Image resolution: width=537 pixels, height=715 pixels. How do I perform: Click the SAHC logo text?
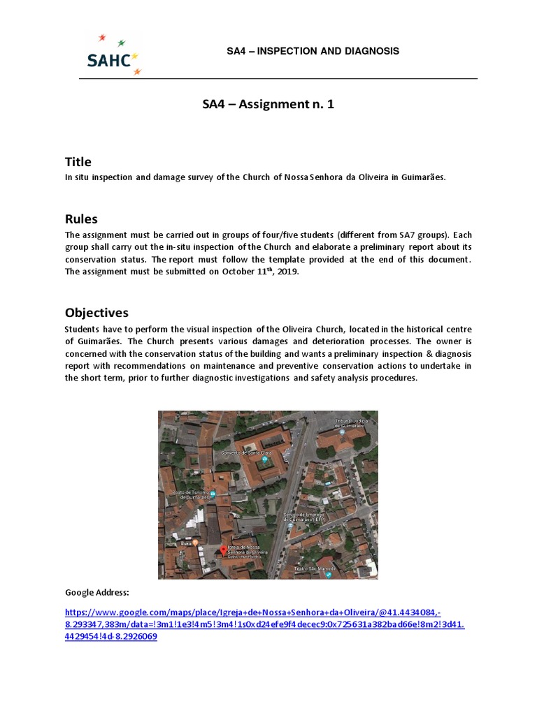point(108,60)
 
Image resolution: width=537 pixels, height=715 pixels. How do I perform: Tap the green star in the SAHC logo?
point(122,43)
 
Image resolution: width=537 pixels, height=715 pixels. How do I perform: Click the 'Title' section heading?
point(78,162)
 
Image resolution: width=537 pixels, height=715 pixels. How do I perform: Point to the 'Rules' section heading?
point(81,219)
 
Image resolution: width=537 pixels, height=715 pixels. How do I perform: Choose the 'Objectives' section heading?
point(96,312)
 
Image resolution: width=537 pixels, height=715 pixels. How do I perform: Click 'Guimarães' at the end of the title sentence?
point(422,177)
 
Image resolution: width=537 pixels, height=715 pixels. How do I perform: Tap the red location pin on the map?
point(224,551)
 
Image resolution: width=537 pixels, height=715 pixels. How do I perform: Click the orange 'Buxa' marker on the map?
point(197,543)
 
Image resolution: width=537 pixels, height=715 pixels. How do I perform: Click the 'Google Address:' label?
point(97,592)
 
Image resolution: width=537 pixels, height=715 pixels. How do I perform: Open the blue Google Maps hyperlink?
point(264,624)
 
